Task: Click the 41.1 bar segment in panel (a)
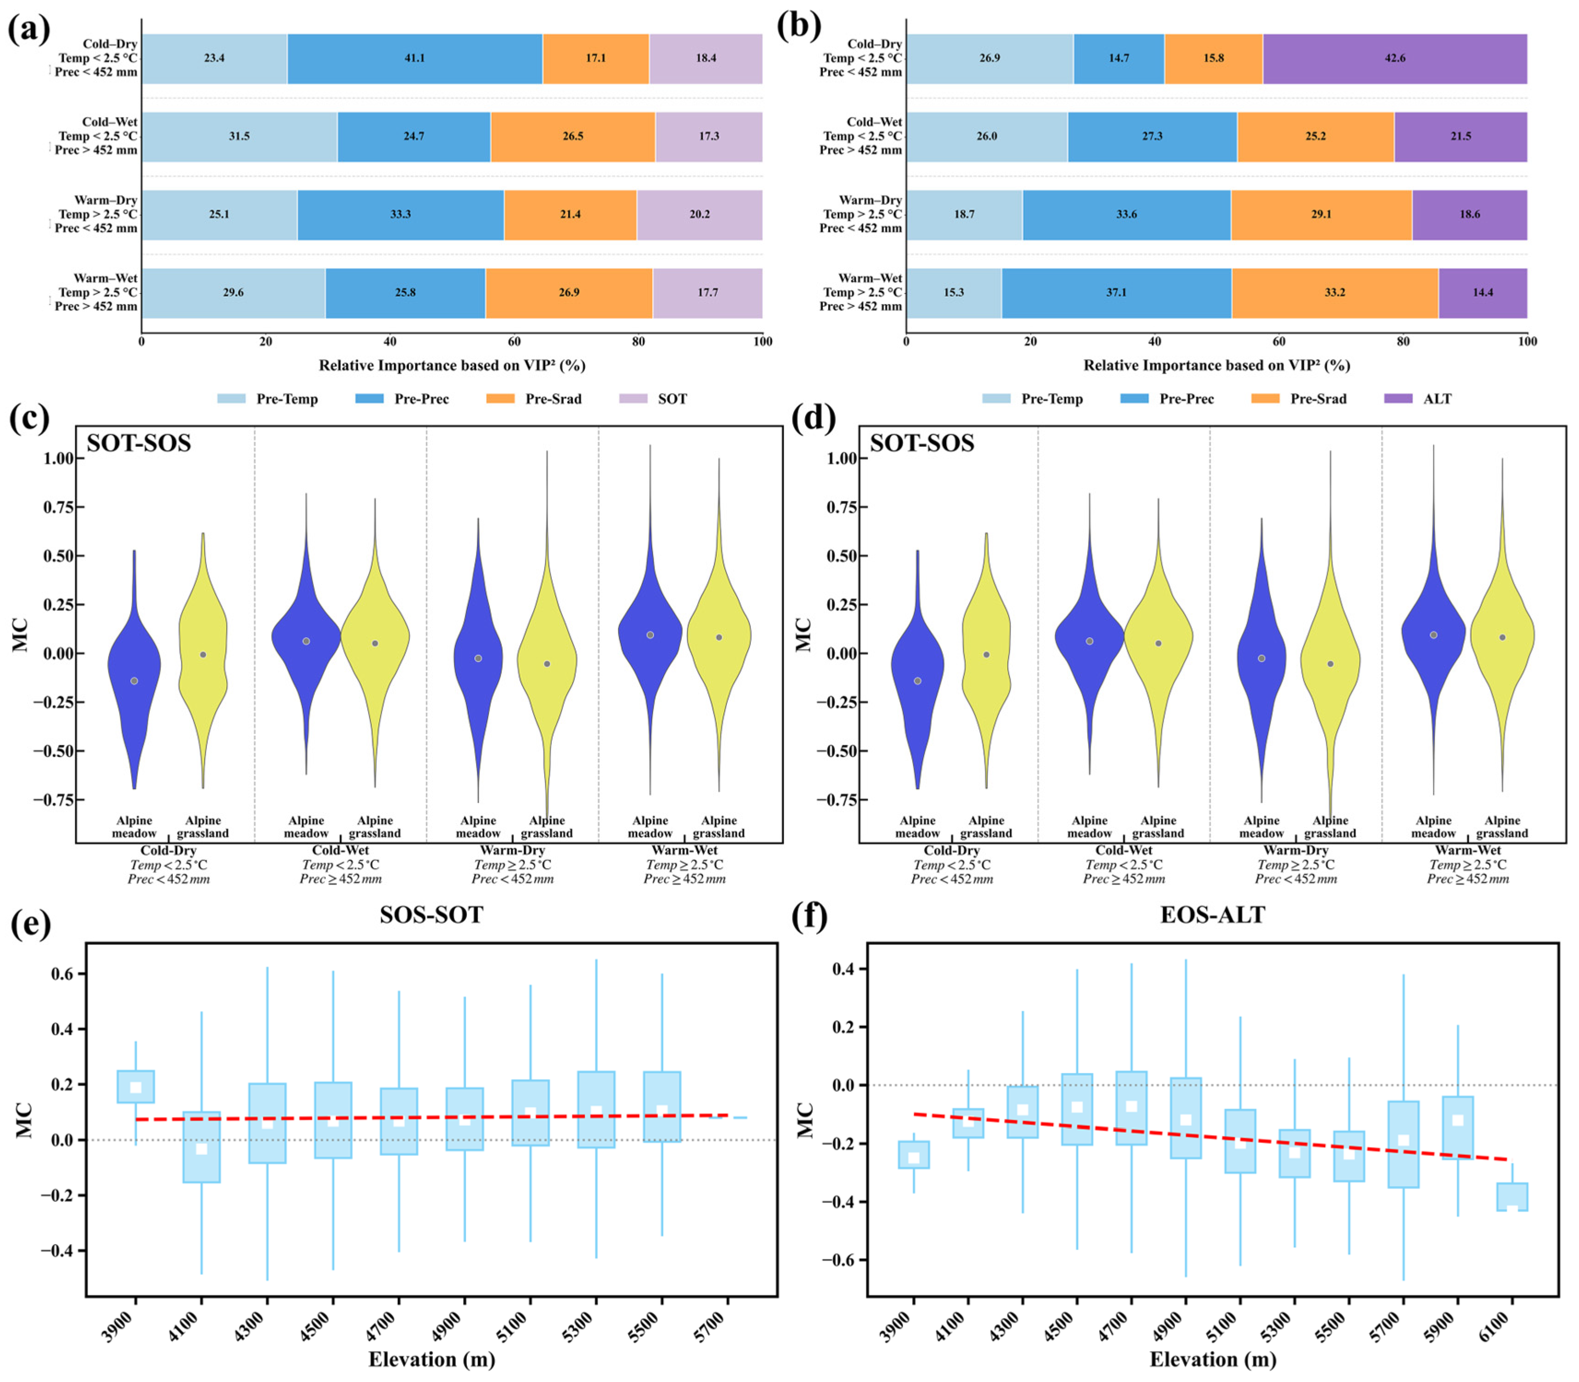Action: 415,59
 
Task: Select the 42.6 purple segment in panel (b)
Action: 1395,59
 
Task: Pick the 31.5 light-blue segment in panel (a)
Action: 239,136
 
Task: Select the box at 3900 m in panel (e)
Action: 136,1087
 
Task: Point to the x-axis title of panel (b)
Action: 1216,365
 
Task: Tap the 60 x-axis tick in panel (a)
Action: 514,341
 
